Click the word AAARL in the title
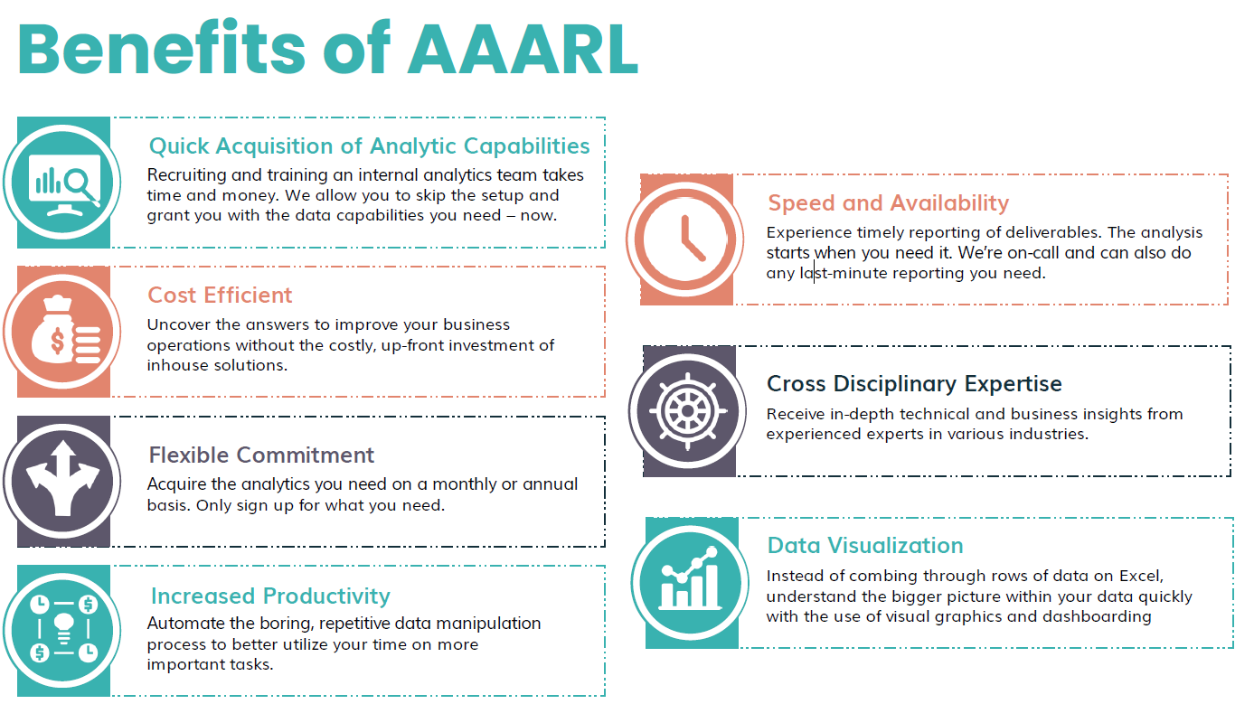pyautogui.click(x=523, y=50)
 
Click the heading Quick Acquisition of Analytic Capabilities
pyautogui.click(x=369, y=146)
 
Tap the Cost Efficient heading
pyautogui.click(x=220, y=296)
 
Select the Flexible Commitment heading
pyautogui.click(x=261, y=455)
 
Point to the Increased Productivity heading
pyautogui.click(x=270, y=596)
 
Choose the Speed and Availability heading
pyautogui.click(x=888, y=203)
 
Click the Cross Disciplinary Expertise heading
pyautogui.click(x=914, y=384)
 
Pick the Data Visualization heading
pyautogui.click(x=864, y=546)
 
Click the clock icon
pyautogui.click(x=686, y=239)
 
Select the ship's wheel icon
pyautogui.click(x=687, y=411)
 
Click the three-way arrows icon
pyautogui.click(x=61, y=479)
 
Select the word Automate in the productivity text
pyautogui.click(x=183, y=624)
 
